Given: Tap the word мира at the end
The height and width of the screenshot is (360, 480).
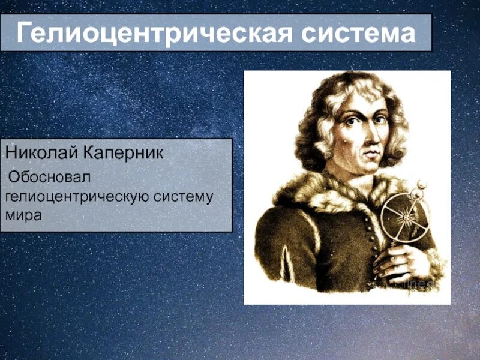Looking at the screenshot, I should tap(23, 215).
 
